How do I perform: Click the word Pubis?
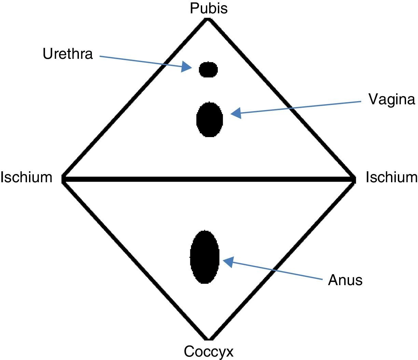click(209, 8)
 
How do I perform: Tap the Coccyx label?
click(209, 351)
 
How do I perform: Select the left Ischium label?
click(26, 177)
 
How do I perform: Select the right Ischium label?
click(391, 177)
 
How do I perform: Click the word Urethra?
click(68, 54)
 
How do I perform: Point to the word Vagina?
click(392, 99)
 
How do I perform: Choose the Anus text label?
click(345, 280)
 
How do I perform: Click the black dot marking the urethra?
click(208, 69)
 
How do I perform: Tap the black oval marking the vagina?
click(210, 119)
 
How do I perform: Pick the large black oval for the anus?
click(205, 257)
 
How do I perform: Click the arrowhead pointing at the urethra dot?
click(187, 67)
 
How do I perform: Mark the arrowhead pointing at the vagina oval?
click(236, 113)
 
